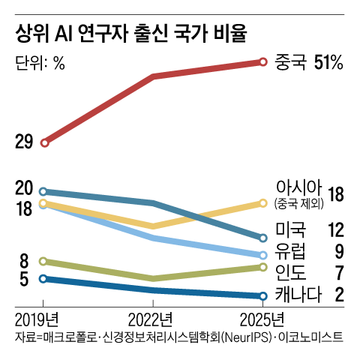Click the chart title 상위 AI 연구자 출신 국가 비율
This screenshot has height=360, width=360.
pos(131,34)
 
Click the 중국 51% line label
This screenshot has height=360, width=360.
pos(308,62)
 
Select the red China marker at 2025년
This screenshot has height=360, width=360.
pos(263,61)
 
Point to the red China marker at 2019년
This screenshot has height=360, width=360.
pos(44,142)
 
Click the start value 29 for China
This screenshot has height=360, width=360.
pos(24,142)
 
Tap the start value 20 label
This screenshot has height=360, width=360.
pos(24,188)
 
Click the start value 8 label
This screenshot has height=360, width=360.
pos(24,261)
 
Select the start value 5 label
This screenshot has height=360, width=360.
pos(24,279)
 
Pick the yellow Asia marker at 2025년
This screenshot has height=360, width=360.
pos(263,202)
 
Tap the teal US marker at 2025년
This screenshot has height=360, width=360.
pos(263,238)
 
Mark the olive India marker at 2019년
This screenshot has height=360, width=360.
pos(44,261)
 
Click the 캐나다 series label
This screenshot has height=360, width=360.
pos(298,293)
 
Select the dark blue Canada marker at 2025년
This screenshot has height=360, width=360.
pos(263,295)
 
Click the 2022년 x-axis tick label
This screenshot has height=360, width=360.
pos(153,318)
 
